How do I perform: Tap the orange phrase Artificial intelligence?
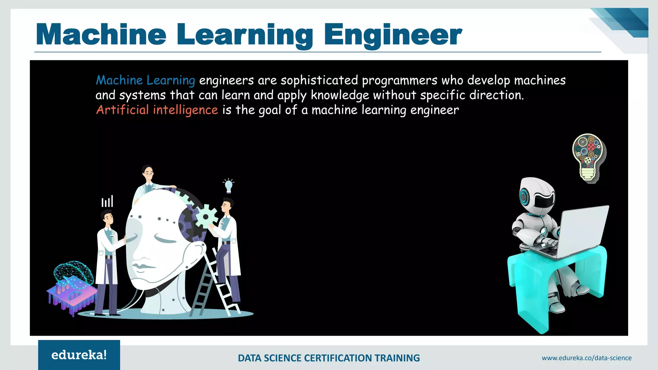click(157, 110)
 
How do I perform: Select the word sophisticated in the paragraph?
click(319, 80)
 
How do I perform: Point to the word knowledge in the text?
click(340, 95)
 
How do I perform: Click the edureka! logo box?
click(79, 355)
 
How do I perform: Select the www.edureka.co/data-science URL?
click(586, 358)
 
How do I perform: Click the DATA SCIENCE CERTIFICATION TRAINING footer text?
click(329, 358)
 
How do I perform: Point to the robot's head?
click(537, 195)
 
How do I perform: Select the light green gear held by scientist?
click(206, 216)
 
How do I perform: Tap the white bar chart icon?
click(107, 201)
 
